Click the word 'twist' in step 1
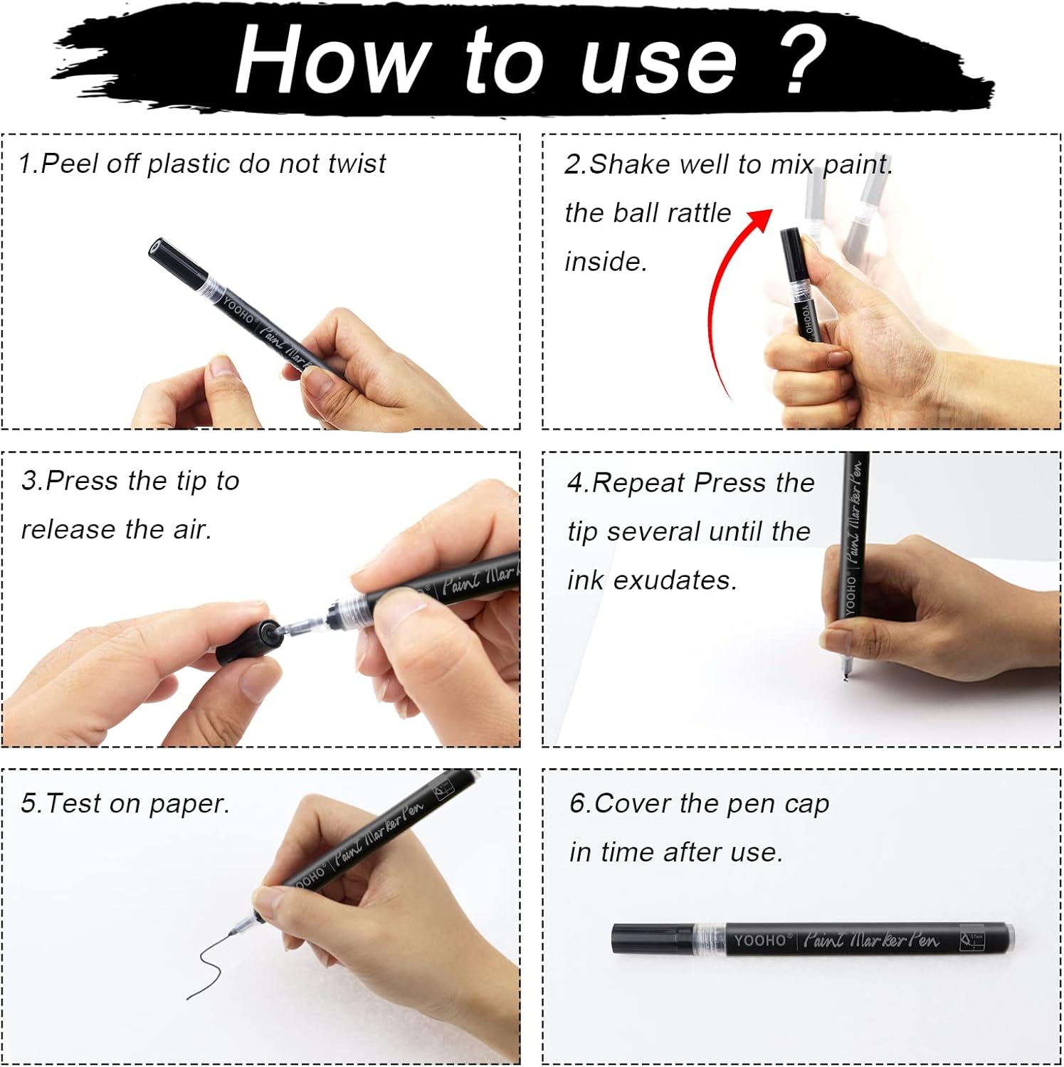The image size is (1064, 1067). tap(357, 164)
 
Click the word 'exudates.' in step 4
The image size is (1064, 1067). tap(675, 580)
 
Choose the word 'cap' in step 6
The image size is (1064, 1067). tap(807, 805)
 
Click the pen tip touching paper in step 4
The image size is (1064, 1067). tap(845, 672)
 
